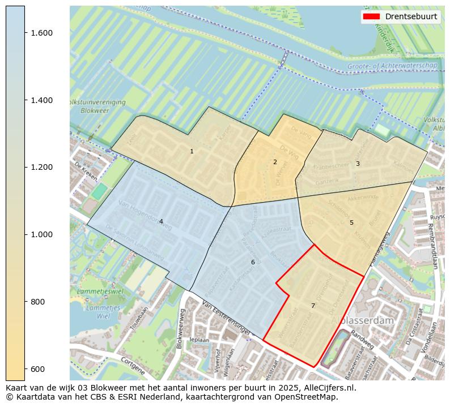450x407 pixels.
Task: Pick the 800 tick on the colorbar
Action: click(37, 302)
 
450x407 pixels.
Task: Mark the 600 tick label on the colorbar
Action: click(37, 369)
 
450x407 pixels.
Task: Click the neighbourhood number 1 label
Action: click(192, 151)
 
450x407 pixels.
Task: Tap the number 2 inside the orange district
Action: click(275, 162)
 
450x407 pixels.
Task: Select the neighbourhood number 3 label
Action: click(357, 164)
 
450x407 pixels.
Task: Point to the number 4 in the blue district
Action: click(161, 221)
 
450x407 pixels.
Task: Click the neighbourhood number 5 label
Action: click(351, 222)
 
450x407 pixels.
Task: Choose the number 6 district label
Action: click(253, 262)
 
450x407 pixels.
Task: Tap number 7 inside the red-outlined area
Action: click(312, 306)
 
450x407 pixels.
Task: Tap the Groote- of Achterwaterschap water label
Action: click(392, 66)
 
